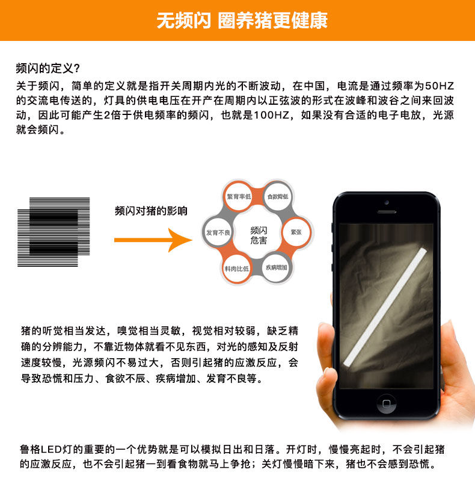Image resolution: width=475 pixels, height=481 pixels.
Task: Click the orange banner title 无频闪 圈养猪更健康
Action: click(242, 20)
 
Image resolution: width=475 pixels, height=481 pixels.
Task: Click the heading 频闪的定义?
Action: click(48, 68)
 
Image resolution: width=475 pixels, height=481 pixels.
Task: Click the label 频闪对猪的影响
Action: click(151, 211)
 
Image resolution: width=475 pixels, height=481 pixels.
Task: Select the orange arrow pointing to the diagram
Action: click(153, 240)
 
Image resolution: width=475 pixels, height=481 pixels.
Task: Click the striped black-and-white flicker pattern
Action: click(54, 232)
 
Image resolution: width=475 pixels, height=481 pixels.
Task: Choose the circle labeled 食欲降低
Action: click(278, 197)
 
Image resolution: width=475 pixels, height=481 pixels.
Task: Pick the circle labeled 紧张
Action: click(296, 232)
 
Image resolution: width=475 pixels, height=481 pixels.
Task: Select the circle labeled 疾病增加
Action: click(277, 267)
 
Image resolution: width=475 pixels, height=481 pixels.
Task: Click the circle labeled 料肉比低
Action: click(236, 268)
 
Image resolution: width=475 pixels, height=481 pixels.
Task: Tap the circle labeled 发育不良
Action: click(218, 232)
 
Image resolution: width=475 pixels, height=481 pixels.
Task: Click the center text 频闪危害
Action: click(259, 235)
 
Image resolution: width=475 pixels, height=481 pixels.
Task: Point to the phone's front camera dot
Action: click(387, 202)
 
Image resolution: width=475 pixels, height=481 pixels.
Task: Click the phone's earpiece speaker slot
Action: click(387, 212)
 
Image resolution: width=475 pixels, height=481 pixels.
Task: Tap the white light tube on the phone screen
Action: click(385, 308)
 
